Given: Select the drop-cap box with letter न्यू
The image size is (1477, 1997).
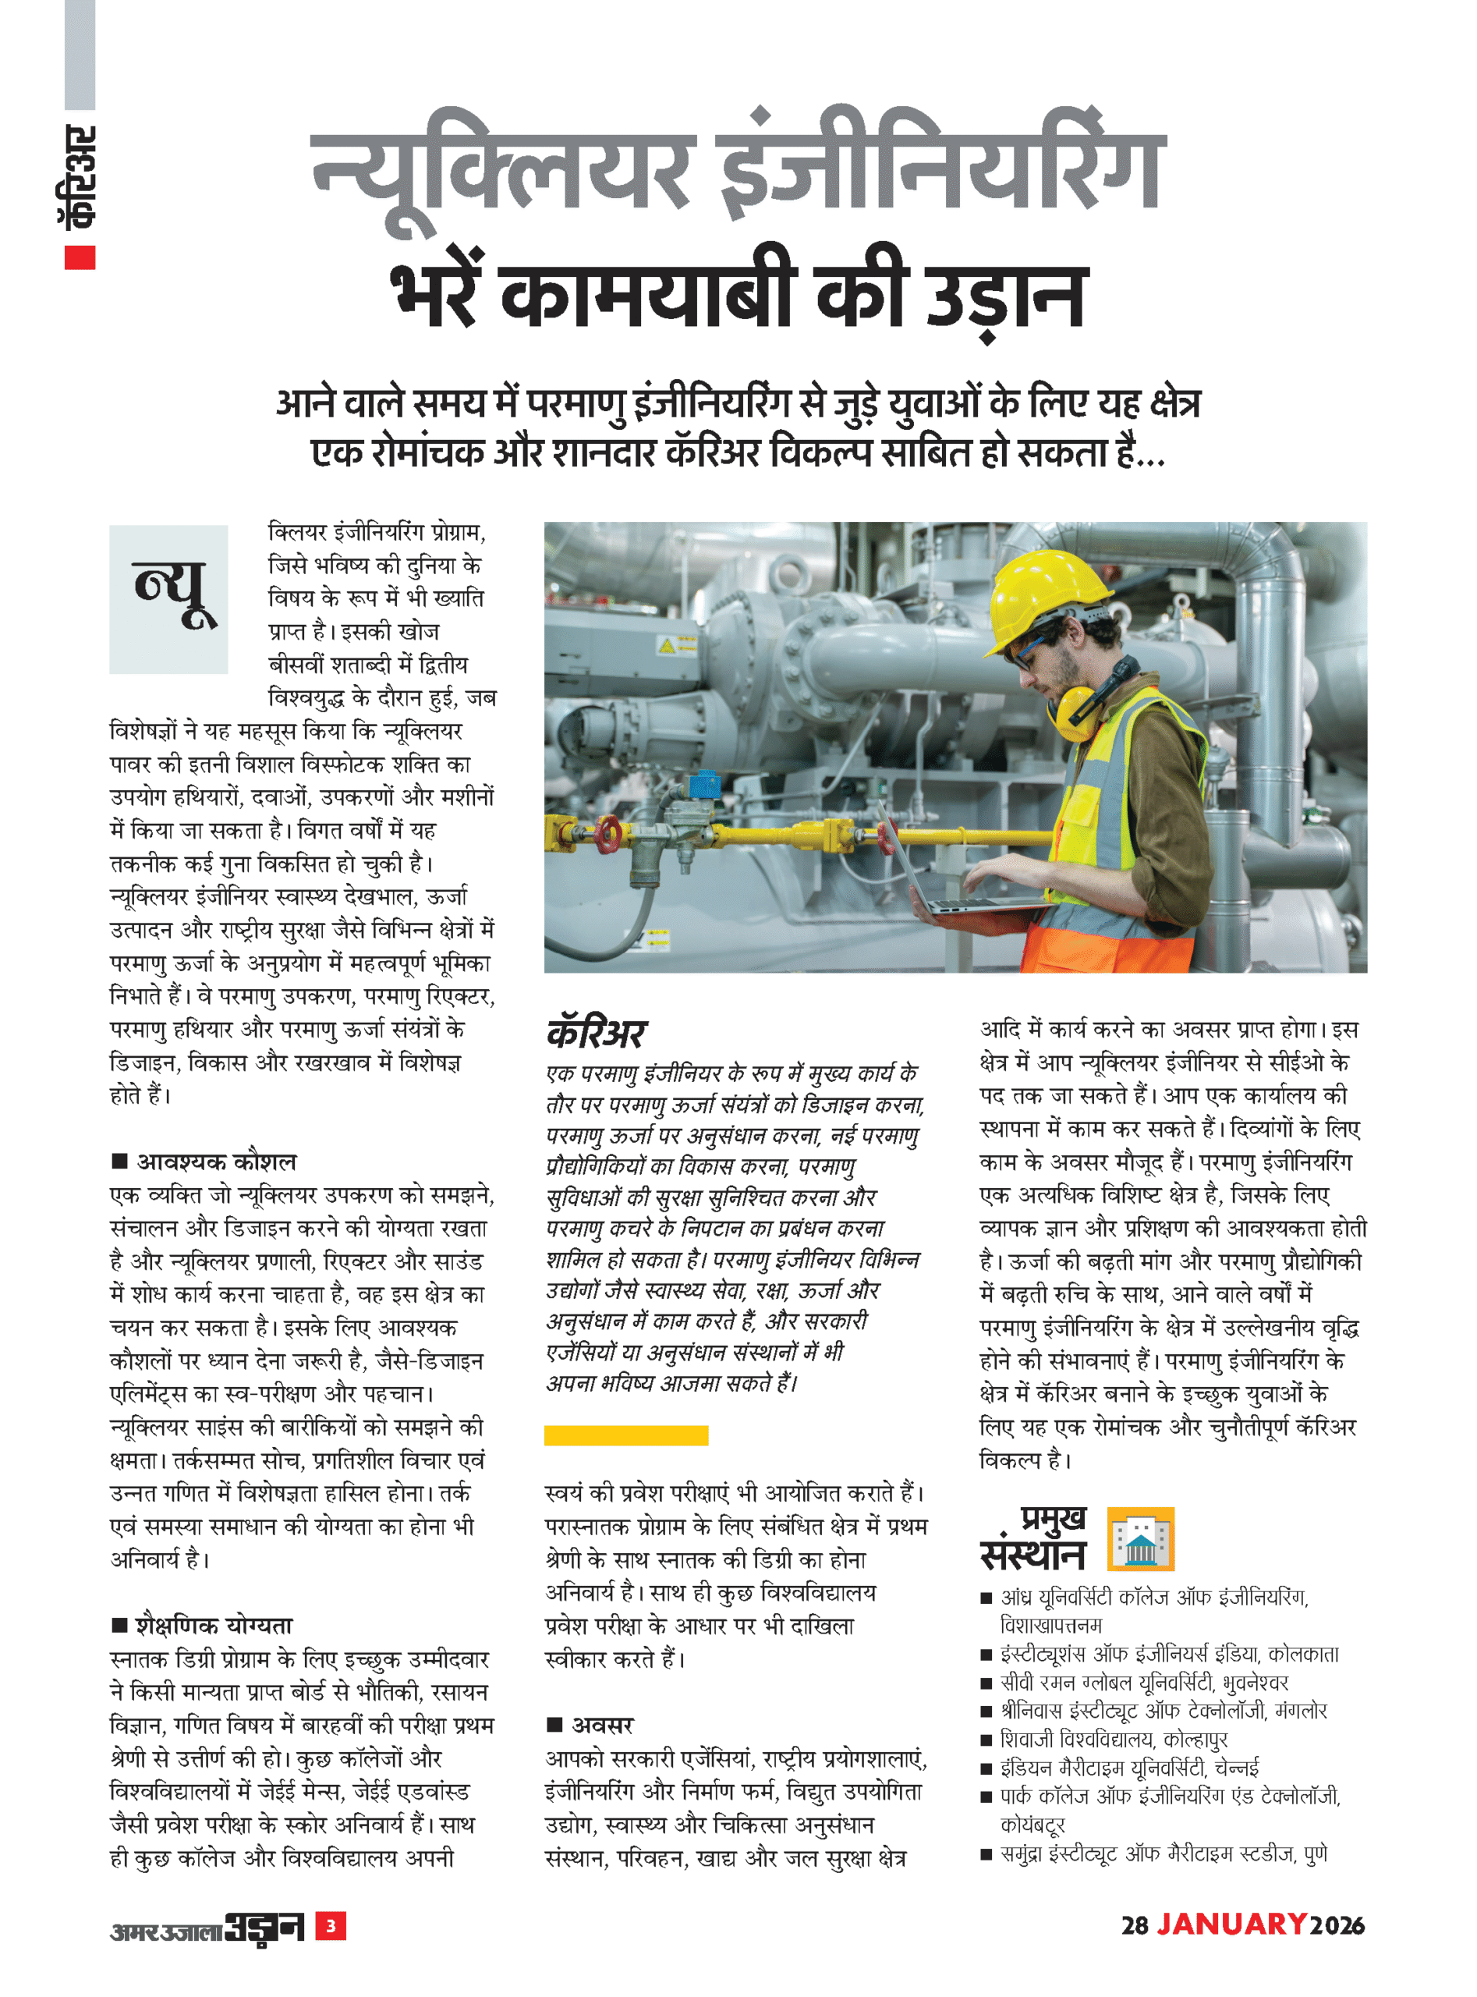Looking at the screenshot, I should click(x=168, y=598).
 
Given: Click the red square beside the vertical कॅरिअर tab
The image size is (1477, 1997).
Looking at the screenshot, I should click(x=80, y=257).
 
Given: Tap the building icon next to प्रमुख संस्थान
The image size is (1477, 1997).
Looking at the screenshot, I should click(x=1140, y=1538).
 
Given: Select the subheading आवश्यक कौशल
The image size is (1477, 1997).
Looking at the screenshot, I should click(x=215, y=1162).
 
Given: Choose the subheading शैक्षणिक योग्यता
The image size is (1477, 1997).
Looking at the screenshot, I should click(x=214, y=1625).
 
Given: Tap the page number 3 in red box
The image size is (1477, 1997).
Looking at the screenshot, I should click(x=331, y=1925).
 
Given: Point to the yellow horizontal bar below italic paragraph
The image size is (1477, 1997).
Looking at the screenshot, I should click(x=626, y=1435).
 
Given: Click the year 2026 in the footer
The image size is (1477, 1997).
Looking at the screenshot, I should click(x=1337, y=1925).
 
